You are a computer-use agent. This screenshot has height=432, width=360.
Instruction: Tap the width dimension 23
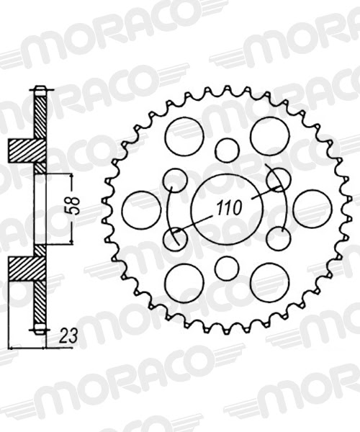tap(69, 336)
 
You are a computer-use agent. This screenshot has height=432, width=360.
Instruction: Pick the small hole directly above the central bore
tap(227, 150)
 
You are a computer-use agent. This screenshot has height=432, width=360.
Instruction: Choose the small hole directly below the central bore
tap(227, 268)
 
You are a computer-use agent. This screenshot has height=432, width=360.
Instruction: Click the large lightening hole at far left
tap(141, 209)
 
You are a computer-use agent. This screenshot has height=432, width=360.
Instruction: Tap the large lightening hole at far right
tap(312, 209)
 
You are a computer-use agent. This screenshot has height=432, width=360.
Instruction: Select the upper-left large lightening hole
tap(184, 135)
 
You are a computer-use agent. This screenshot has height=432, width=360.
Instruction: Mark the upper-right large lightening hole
tap(269, 135)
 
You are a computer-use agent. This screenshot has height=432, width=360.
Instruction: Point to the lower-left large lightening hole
tap(184, 282)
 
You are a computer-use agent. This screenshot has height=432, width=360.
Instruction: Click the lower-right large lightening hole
tap(269, 282)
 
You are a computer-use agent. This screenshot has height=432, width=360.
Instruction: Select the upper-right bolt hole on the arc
tap(278, 179)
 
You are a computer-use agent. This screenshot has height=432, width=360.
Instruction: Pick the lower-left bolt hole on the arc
tap(176, 238)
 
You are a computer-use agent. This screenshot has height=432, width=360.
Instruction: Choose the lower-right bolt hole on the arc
tap(278, 238)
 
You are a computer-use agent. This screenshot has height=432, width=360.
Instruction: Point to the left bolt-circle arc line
tap(167, 209)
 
